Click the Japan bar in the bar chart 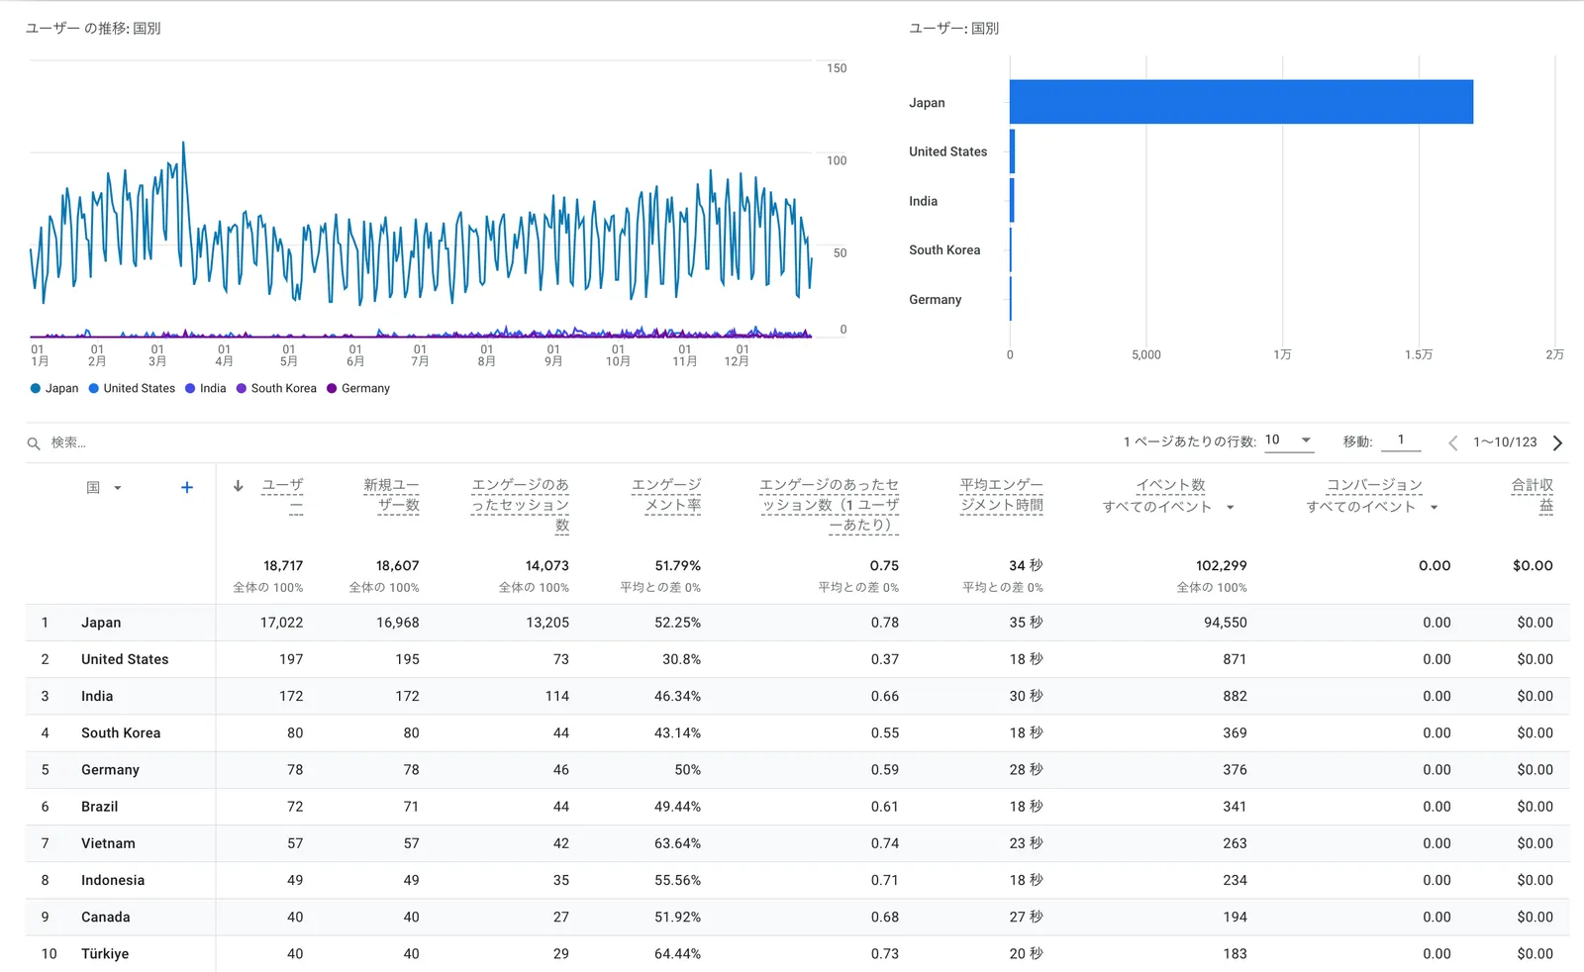pyautogui.click(x=1240, y=102)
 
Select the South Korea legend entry pyautogui.click(x=283, y=388)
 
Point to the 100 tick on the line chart pyautogui.click(x=837, y=160)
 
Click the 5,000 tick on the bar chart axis pyautogui.click(x=1145, y=354)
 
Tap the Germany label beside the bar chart pyautogui.click(x=935, y=299)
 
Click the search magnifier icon pyautogui.click(x=34, y=443)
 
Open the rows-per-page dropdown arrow pyautogui.click(x=1306, y=439)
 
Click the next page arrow pyautogui.click(x=1557, y=442)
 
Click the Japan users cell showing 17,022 pyautogui.click(x=281, y=623)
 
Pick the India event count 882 pyautogui.click(x=1235, y=696)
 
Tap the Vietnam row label pyautogui.click(x=108, y=843)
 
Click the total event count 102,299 pyautogui.click(x=1221, y=565)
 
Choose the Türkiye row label pyautogui.click(x=105, y=954)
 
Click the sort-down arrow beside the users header pyautogui.click(x=239, y=486)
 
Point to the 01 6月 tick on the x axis pyautogui.click(x=355, y=355)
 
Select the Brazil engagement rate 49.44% pyautogui.click(x=677, y=807)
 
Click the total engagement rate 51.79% pyautogui.click(x=677, y=565)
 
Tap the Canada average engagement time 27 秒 pyautogui.click(x=1026, y=917)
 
